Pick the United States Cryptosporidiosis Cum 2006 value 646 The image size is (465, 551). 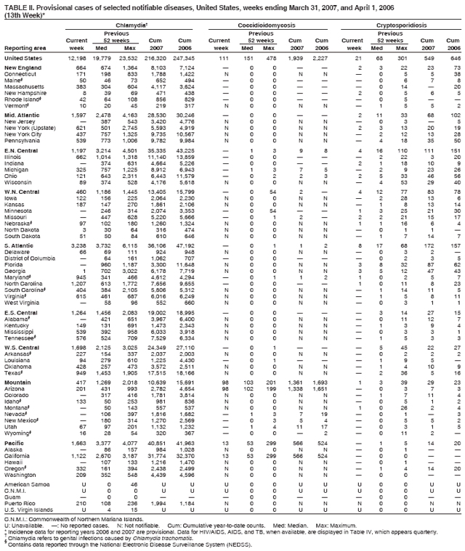(454, 57)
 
